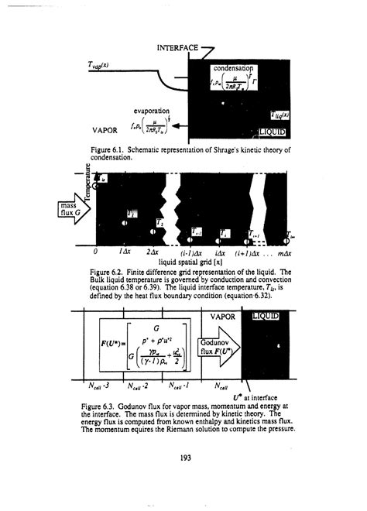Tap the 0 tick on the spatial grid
95,252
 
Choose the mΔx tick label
281,253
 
